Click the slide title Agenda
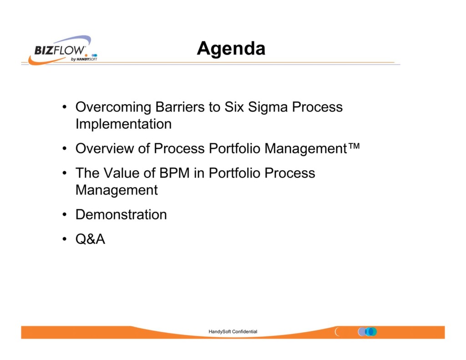(x=231, y=48)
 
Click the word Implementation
(x=123, y=124)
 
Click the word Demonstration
(x=121, y=215)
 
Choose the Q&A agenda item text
(x=90, y=239)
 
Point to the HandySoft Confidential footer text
(x=233, y=332)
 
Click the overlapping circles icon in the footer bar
(x=368, y=332)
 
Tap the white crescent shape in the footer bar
(x=337, y=332)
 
